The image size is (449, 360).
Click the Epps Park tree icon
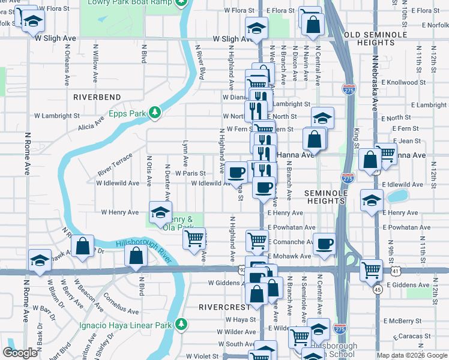click(x=155, y=112)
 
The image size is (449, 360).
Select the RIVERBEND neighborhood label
click(x=97, y=97)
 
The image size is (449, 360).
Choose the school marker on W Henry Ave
click(x=160, y=213)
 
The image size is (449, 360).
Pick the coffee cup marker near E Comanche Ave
click(x=325, y=244)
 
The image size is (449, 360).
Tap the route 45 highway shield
click(x=377, y=289)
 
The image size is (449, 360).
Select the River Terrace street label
click(x=115, y=165)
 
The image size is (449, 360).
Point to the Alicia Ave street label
click(x=91, y=123)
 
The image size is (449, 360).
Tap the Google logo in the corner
click(x=21, y=353)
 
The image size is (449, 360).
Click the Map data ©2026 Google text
click(x=412, y=355)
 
